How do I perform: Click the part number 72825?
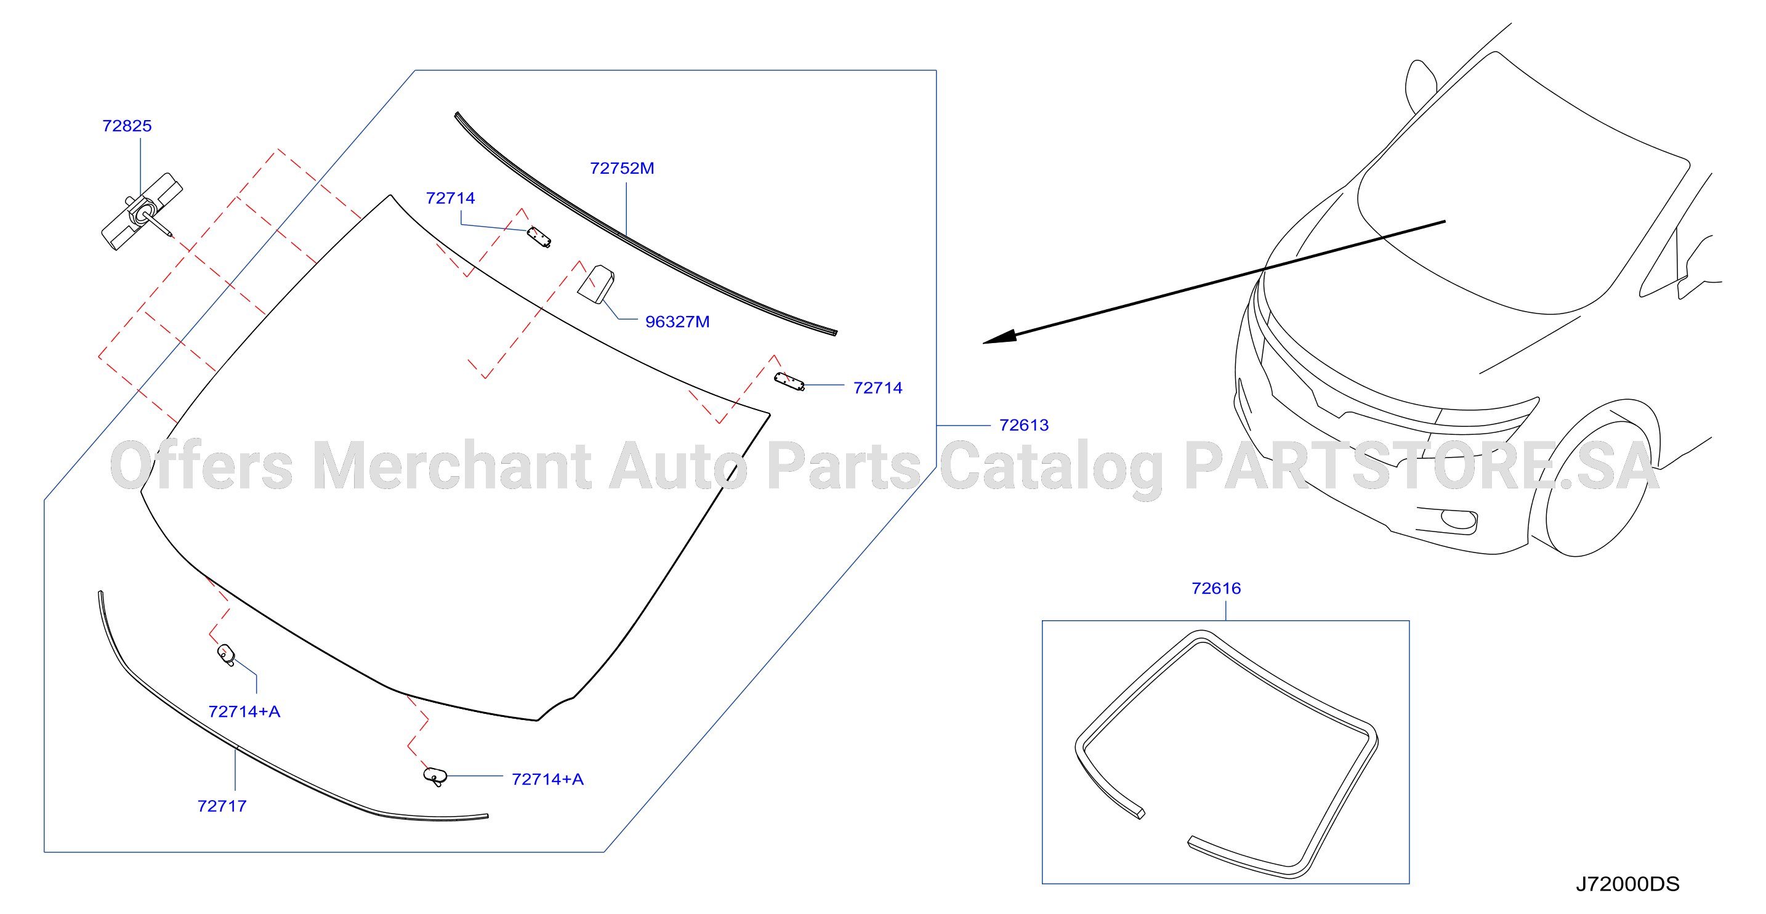127,126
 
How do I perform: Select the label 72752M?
622,169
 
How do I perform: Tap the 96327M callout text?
677,322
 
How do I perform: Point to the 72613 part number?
1023,425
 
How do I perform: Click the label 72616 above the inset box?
1216,588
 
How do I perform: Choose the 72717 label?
222,806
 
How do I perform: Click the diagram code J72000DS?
1627,884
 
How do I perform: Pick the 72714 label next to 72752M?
450,198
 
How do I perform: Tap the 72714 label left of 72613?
877,388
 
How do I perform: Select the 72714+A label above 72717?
244,712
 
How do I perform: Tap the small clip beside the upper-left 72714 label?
539,237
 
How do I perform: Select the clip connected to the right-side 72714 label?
789,381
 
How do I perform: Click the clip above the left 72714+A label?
226,655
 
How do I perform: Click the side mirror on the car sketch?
1420,86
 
